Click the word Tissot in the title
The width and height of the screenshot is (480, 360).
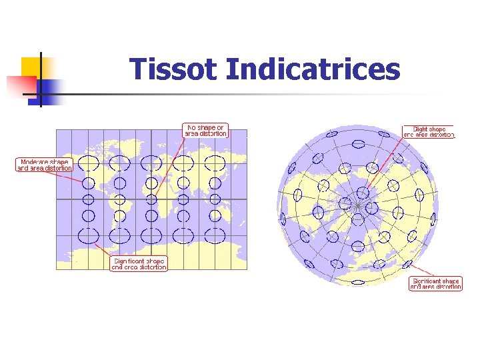(174, 69)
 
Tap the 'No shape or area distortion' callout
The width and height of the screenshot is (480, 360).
(206, 130)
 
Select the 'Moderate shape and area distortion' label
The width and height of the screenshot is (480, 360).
(44, 165)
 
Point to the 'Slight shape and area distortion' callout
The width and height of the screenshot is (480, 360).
(429, 131)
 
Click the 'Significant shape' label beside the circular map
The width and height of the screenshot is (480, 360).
(435, 284)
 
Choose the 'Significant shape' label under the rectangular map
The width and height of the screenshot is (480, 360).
(139, 263)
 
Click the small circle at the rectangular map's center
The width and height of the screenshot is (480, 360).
(152, 199)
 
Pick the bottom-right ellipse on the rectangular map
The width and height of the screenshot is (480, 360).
(215, 235)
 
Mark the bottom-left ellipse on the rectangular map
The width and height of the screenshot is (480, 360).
(88, 235)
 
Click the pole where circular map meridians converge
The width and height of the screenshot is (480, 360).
(359, 206)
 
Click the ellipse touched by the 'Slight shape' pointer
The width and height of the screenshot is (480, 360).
(363, 193)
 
